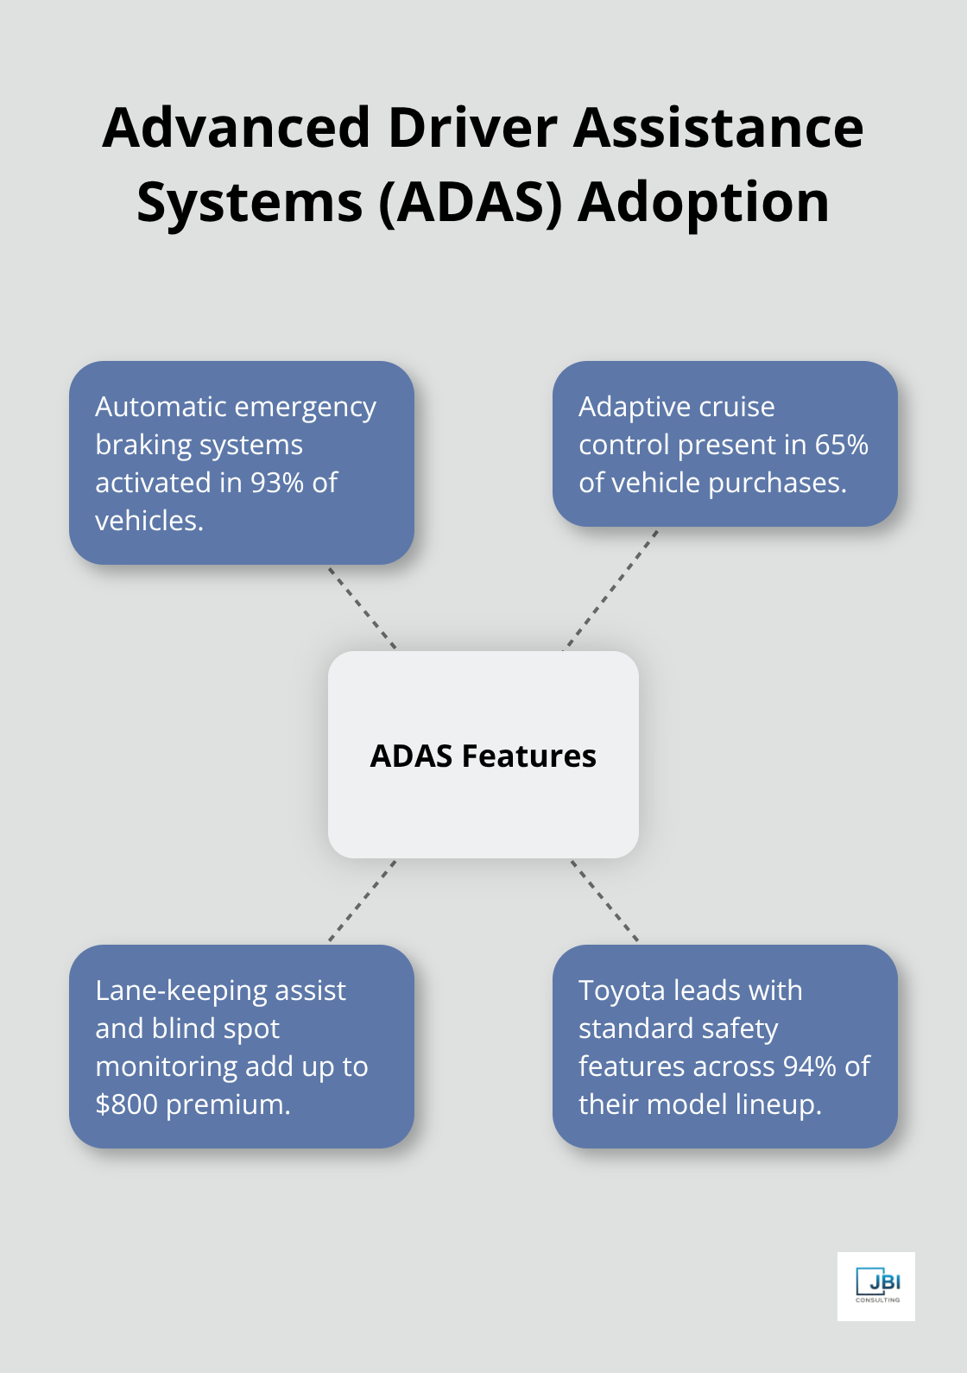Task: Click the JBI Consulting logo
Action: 876,1286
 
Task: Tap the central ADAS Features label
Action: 483,756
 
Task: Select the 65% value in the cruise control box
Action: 841,445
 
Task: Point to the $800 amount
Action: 127,1104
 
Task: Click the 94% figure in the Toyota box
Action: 809,1066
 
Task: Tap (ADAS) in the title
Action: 471,203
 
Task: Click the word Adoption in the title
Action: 704,203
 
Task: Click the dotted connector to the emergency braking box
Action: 363,608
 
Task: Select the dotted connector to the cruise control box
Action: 610,589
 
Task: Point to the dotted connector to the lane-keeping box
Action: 363,901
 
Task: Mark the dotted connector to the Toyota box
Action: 604,901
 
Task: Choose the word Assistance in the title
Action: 718,128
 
